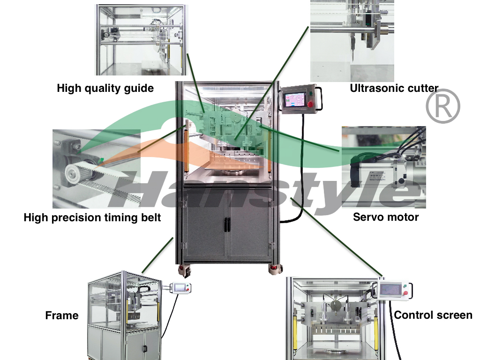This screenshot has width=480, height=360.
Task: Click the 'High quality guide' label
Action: pyautogui.click(x=105, y=88)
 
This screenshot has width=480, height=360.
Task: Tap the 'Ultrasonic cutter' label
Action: pyautogui.click(x=394, y=88)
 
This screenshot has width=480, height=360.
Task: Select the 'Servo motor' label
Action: pyautogui.click(x=386, y=217)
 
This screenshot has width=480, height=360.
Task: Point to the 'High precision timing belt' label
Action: pyautogui.click(x=92, y=217)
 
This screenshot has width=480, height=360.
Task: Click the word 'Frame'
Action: pyautogui.click(x=61, y=315)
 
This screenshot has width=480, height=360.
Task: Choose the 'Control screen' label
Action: pyautogui.click(x=433, y=315)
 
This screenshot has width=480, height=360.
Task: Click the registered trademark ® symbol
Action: pyautogui.click(x=442, y=106)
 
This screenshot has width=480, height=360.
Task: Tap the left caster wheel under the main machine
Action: pyautogui.click(x=184, y=270)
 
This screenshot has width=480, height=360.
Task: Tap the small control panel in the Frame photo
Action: pyautogui.click(x=181, y=287)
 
